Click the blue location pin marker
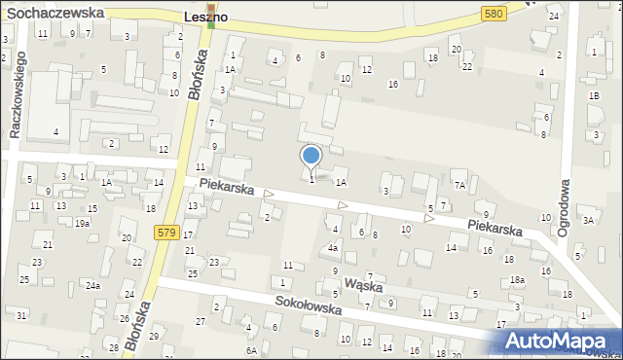311,157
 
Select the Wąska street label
362,286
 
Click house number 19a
83,223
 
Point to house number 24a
92,285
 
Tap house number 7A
460,184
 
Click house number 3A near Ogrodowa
588,220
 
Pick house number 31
21,314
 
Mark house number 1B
593,95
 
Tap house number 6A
251,349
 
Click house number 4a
332,247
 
